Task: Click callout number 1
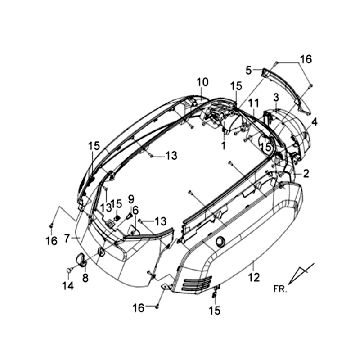tap(223, 146)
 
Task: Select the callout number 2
tap(306, 173)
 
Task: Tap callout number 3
tap(276, 98)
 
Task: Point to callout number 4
tap(314, 122)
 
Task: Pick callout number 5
tap(249, 70)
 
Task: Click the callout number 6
tap(135, 210)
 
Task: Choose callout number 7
tap(67, 238)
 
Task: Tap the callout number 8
tap(85, 278)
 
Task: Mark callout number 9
tap(131, 199)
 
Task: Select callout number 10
tap(202, 82)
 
